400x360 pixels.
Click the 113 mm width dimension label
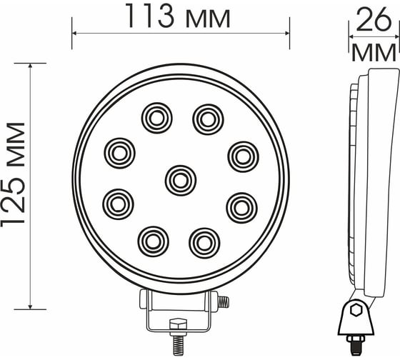point(178,16)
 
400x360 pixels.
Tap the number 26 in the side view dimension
point(373,20)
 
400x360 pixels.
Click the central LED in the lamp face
point(181,181)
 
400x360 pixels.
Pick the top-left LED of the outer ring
point(157,118)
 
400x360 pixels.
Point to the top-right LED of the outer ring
point(208,119)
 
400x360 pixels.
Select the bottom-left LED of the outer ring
point(154,241)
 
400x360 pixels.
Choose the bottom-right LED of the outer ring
point(204,243)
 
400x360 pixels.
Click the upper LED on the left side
point(120,154)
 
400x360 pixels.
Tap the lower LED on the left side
point(118,204)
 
